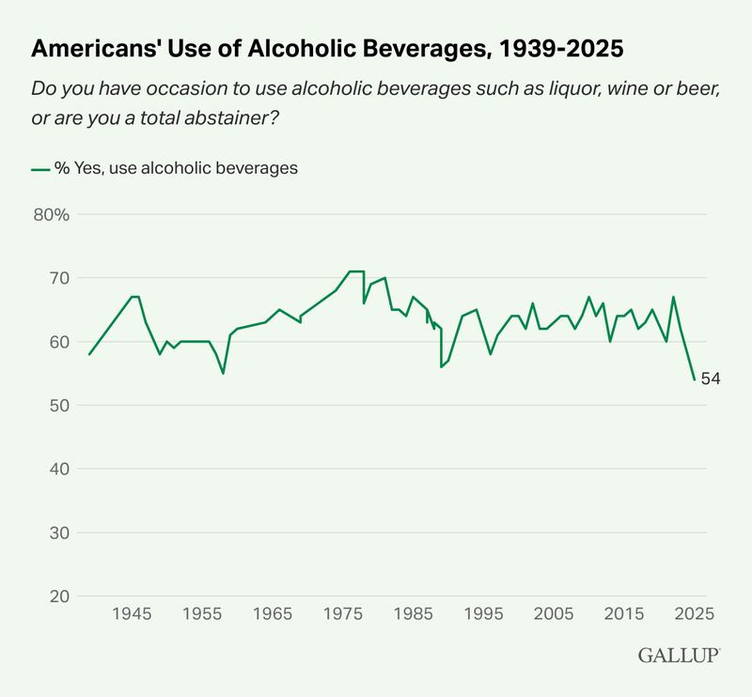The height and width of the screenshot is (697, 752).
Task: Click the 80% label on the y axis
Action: pyautogui.click(x=51, y=214)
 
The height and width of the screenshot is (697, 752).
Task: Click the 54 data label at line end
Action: pyautogui.click(x=711, y=379)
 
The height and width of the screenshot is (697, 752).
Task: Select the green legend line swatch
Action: pyautogui.click(x=40, y=169)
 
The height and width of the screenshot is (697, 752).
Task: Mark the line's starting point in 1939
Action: pyautogui.click(x=89, y=354)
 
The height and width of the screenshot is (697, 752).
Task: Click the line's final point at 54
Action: pyautogui.click(x=694, y=379)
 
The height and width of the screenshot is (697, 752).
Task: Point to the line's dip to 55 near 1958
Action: pyautogui.click(x=223, y=373)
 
